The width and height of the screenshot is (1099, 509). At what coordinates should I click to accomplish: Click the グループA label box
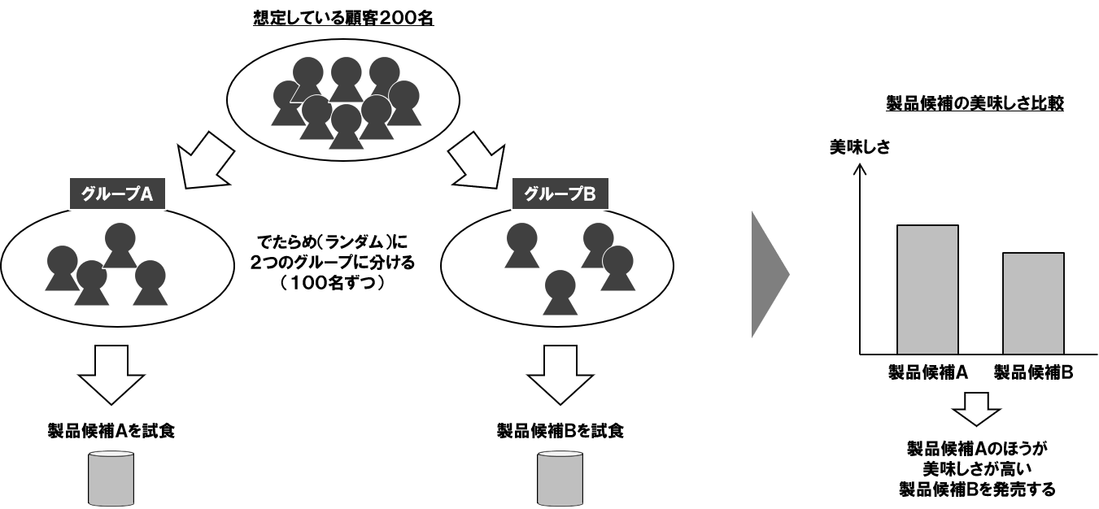pos(116,194)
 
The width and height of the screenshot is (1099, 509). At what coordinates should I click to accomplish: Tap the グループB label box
pos(559,194)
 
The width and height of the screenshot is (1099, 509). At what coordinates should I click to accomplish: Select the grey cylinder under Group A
pos(111,478)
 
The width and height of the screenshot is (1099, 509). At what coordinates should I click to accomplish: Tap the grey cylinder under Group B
pos(560,478)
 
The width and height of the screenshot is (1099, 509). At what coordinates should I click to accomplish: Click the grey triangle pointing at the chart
pos(769,274)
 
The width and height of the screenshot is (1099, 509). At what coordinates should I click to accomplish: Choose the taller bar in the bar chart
pos(927,289)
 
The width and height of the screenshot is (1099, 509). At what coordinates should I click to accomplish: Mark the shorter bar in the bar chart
pos(1033,303)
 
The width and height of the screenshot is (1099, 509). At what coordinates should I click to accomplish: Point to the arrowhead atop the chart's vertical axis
pos(860,169)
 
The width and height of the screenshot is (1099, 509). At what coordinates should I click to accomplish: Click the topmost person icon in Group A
pos(120,244)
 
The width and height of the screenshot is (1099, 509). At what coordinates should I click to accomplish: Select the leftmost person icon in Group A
pos(62,268)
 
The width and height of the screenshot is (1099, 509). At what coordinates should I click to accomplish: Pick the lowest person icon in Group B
pos(560,291)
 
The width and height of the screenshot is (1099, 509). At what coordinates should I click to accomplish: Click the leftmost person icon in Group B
pos(521,244)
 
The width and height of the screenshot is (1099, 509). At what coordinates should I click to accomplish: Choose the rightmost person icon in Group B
pos(618,267)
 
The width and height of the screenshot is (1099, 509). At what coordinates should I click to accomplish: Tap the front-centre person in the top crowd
pos(347,126)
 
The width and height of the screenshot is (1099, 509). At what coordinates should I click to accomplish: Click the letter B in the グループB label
pos(590,194)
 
